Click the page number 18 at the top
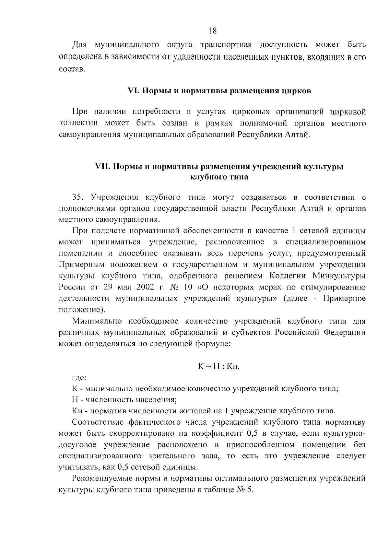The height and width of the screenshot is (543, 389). pos(212,31)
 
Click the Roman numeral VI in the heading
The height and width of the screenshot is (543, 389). pos(133,91)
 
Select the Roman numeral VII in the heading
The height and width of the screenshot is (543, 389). pos(102,167)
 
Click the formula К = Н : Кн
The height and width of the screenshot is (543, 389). pos(218,367)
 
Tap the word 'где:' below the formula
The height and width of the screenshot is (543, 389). pos(78,377)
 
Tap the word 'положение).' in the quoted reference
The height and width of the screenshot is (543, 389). pos(82,310)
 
